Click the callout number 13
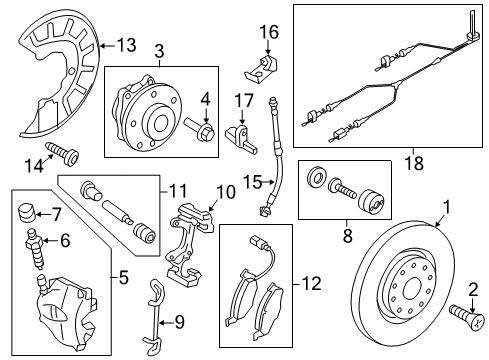pos(127,45)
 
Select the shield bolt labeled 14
pos(62,154)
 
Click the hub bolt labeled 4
pos(199,130)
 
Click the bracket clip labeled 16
pos(262,69)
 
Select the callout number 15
pos(252,182)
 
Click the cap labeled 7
pos(26,213)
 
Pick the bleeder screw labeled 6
pos(34,248)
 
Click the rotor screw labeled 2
pos(467,316)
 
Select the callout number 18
pos(414,163)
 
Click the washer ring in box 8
pos(316,177)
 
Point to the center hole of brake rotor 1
pos(412,289)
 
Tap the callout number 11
pos(178,192)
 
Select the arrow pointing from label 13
pos(108,46)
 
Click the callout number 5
pos(123,277)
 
